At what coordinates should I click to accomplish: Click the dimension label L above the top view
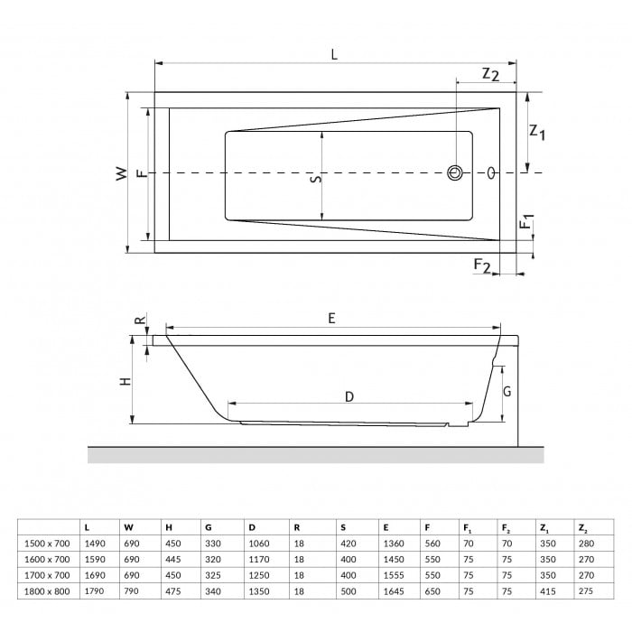[x=334, y=54]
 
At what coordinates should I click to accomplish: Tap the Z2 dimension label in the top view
[x=489, y=74]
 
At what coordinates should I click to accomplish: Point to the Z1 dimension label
[x=537, y=132]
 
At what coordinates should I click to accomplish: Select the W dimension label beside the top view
[x=121, y=173]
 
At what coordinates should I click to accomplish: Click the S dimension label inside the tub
[x=314, y=180]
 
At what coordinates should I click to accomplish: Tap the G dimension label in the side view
[x=507, y=391]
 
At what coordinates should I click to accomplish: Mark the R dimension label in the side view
[x=139, y=321]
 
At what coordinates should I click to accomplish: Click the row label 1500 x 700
[x=47, y=544]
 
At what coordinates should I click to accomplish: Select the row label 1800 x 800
[x=47, y=592]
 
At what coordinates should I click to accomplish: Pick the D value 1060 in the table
[x=258, y=544]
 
